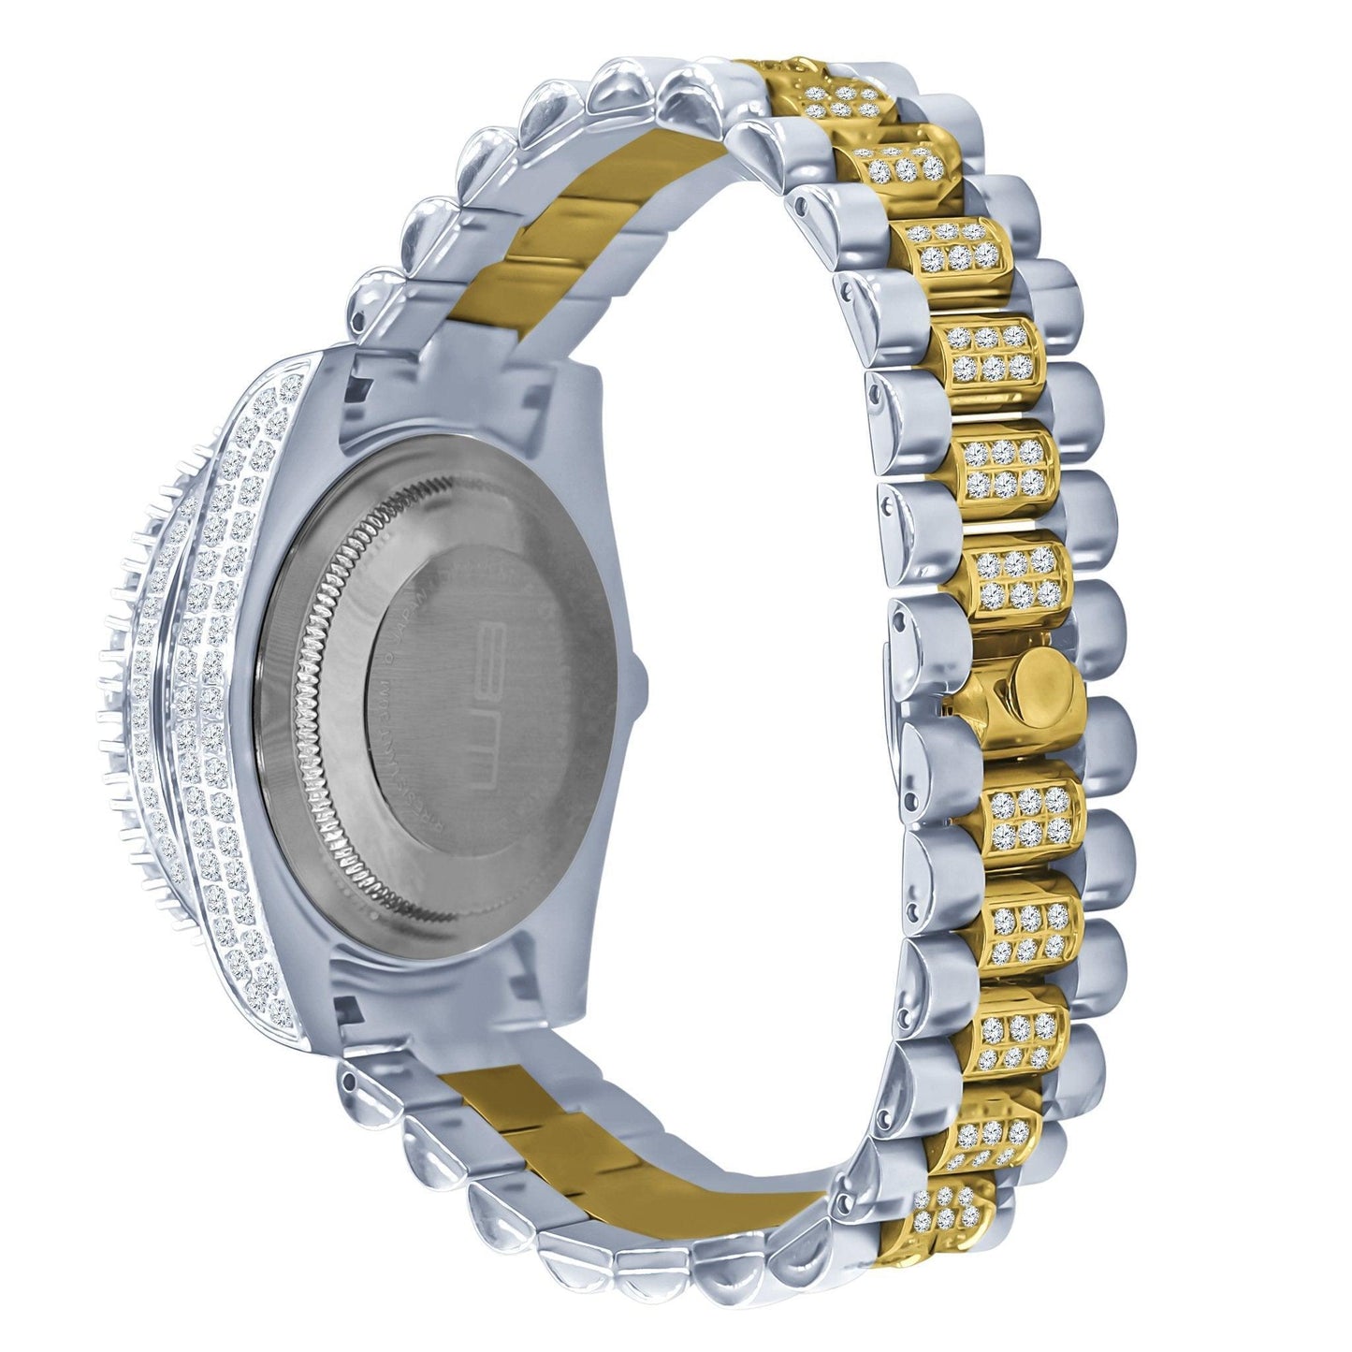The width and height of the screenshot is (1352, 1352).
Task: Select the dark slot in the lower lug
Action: [348, 1010]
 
